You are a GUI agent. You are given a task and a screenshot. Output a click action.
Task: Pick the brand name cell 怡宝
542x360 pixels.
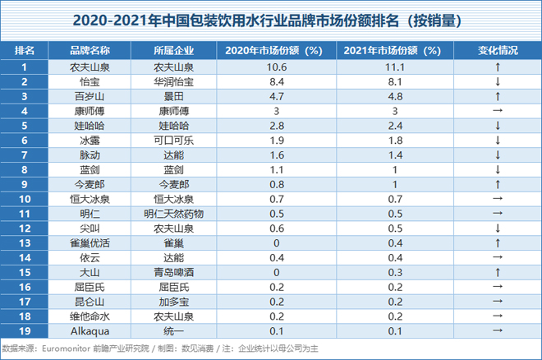(90, 81)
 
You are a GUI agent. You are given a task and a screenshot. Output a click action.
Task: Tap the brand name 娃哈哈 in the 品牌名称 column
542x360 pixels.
(90, 125)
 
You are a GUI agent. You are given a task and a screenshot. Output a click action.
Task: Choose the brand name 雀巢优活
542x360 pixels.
(90, 242)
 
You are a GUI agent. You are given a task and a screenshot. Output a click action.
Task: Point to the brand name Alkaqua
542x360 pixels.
(90, 330)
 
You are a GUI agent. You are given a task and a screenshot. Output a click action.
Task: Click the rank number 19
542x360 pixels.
(24, 330)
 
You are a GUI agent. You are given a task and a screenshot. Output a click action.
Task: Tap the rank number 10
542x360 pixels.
(24, 198)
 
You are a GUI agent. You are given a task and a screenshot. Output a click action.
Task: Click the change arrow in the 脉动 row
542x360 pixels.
(498, 155)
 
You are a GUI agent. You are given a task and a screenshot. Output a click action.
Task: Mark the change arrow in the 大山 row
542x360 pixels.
(498, 271)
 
